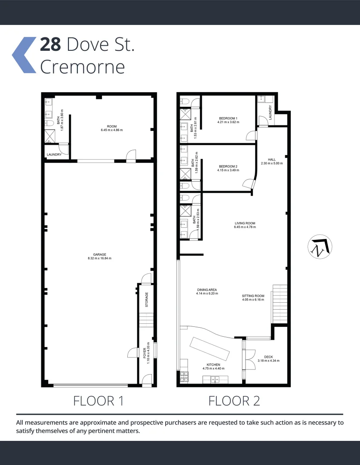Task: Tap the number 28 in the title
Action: point(51,45)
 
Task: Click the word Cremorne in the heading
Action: point(82,67)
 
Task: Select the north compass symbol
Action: point(320,247)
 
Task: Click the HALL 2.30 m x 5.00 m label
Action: point(271,161)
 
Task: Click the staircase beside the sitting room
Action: point(280,304)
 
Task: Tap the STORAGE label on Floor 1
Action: point(147,299)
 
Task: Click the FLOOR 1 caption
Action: point(99,401)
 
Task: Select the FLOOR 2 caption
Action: point(234,401)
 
